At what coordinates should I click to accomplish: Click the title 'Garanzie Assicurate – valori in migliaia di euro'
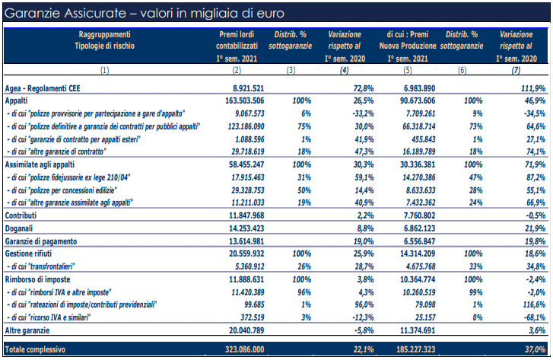pos(145,14)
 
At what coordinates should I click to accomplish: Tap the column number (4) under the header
pos(345,70)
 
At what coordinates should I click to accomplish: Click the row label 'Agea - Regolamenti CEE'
pos(43,88)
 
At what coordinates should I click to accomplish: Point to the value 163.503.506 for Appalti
pos(244,101)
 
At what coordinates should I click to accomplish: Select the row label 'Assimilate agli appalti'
pos(40,164)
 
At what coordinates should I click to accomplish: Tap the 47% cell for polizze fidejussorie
pos(475,177)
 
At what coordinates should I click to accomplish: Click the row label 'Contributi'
pos(21,215)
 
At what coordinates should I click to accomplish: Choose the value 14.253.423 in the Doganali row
pos(246,228)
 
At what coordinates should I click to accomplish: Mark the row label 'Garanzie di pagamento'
pos(41,241)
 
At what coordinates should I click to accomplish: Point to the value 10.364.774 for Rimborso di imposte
pos(418,279)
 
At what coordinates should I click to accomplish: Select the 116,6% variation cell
pos(534,304)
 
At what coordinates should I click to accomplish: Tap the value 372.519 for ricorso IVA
pos(253,317)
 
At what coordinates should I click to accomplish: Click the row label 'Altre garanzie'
pos(27,331)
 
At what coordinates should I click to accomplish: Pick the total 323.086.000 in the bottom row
pos(245,349)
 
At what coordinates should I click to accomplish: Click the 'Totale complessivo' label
pos(35,349)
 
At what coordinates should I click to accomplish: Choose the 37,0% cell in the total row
pos(535,349)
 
